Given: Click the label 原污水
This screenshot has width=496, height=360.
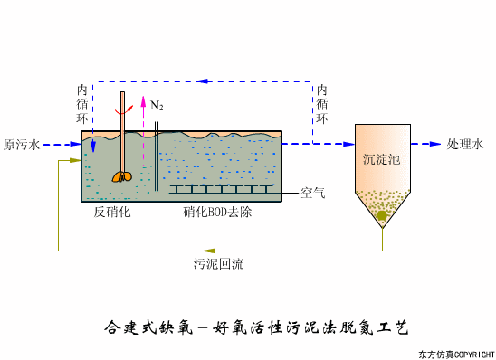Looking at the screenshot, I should click(x=23, y=144).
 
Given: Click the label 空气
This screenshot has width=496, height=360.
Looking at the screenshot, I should click(x=312, y=193).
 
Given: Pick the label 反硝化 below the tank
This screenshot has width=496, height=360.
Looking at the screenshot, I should click(x=113, y=213).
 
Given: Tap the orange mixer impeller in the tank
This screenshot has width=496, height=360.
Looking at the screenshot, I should click(x=122, y=176).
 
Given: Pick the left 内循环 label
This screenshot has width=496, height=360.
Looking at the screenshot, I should click(x=81, y=104).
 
